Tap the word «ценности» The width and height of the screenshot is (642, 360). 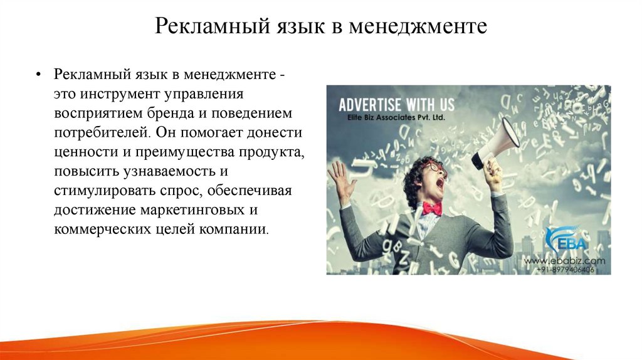click(x=83, y=152)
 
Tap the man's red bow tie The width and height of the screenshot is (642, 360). click(x=432, y=208)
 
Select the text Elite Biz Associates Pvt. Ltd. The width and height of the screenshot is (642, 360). click(x=390, y=118)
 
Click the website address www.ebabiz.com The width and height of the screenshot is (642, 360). click(x=564, y=260)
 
